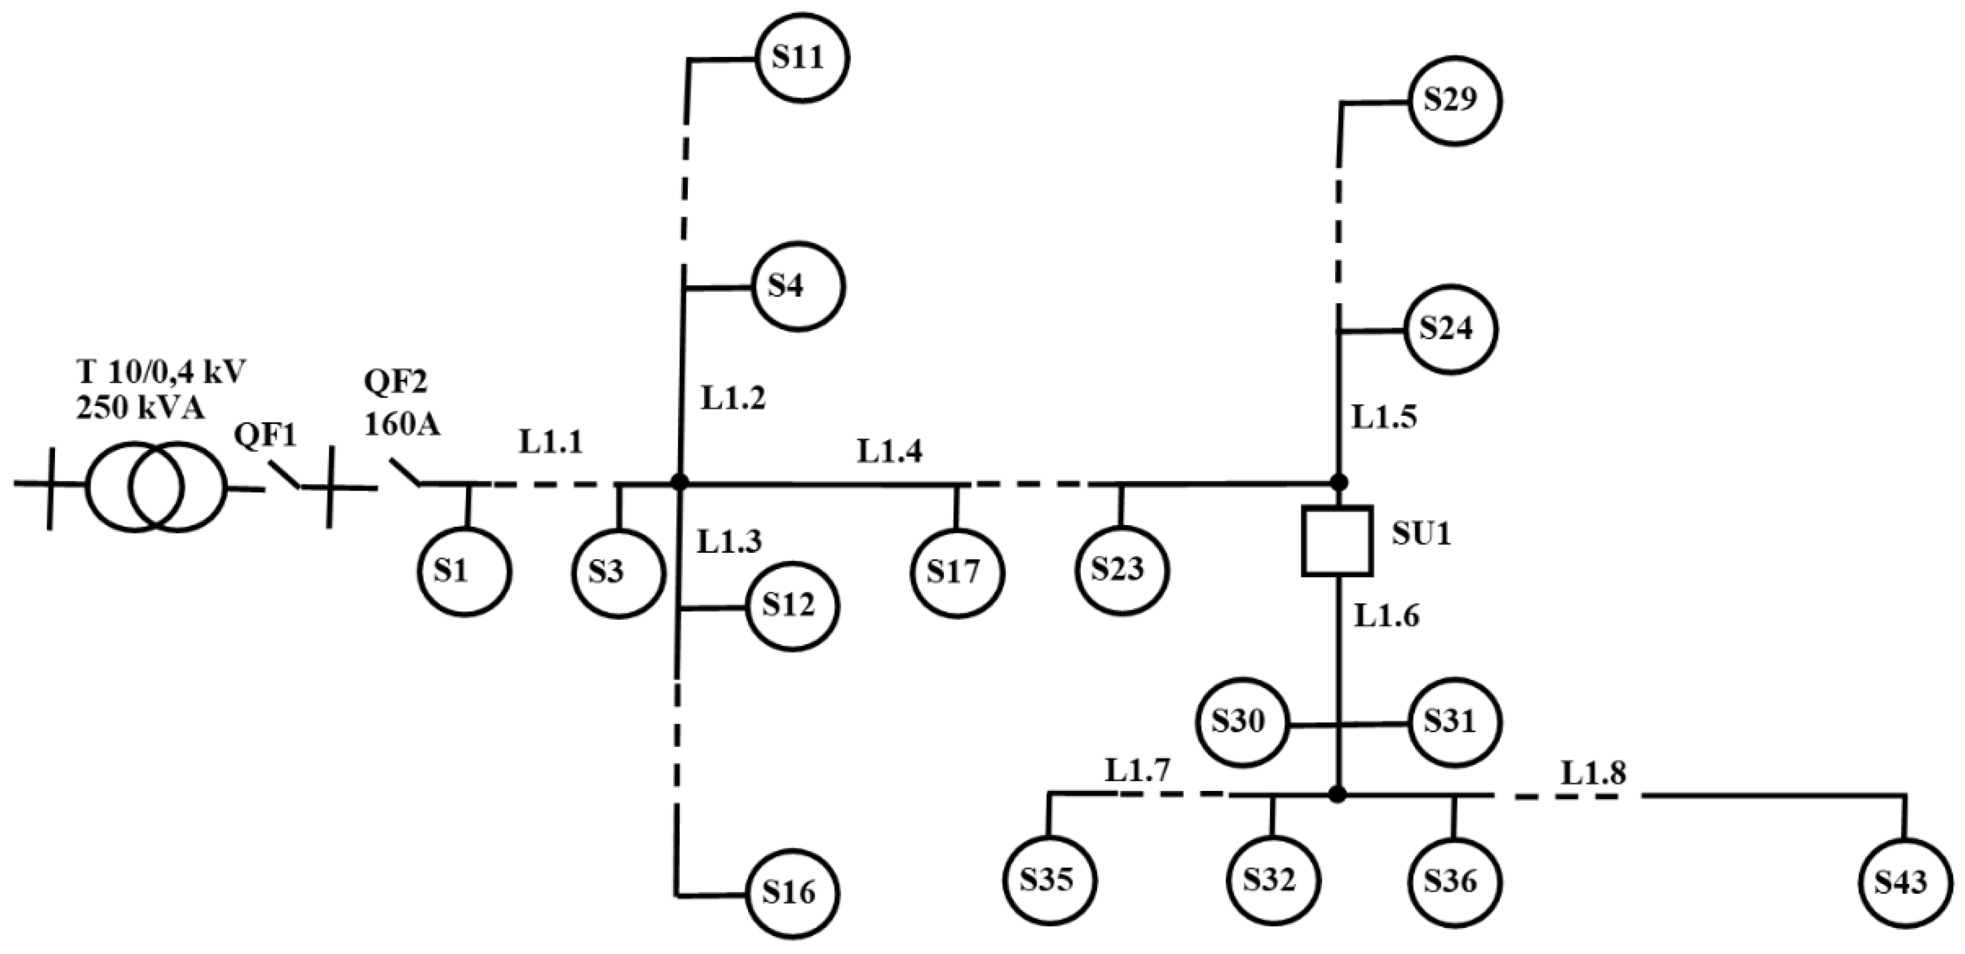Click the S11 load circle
[x=802, y=59]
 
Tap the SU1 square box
[x=1337, y=540]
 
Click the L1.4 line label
[x=889, y=451]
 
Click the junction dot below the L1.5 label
[x=1338, y=483]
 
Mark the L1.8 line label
[x=1593, y=774]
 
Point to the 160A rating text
[x=402, y=425]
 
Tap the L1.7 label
[x=1137, y=771]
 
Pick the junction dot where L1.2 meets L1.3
[x=680, y=483]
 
